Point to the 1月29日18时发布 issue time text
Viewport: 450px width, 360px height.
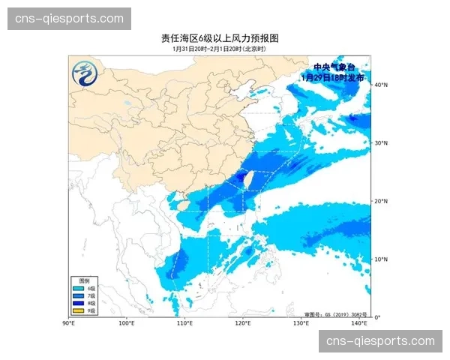(332, 77)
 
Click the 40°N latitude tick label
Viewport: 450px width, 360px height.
(380, 85)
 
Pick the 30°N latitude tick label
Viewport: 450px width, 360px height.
(380, 143)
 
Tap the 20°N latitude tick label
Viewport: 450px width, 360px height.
(380, 201)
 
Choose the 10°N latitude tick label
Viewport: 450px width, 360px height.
(380, 259)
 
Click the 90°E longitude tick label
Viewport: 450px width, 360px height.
(68, 323)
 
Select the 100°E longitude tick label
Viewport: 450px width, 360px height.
(127, 323)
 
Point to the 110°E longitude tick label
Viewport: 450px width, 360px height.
(184, 323)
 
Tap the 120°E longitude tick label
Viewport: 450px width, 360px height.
(243, 323)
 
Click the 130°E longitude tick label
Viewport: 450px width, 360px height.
(301, 323)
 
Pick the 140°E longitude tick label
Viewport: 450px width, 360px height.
(359, 323)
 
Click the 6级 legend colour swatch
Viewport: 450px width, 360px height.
(78, 288)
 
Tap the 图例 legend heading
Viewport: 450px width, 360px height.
(85, 280)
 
